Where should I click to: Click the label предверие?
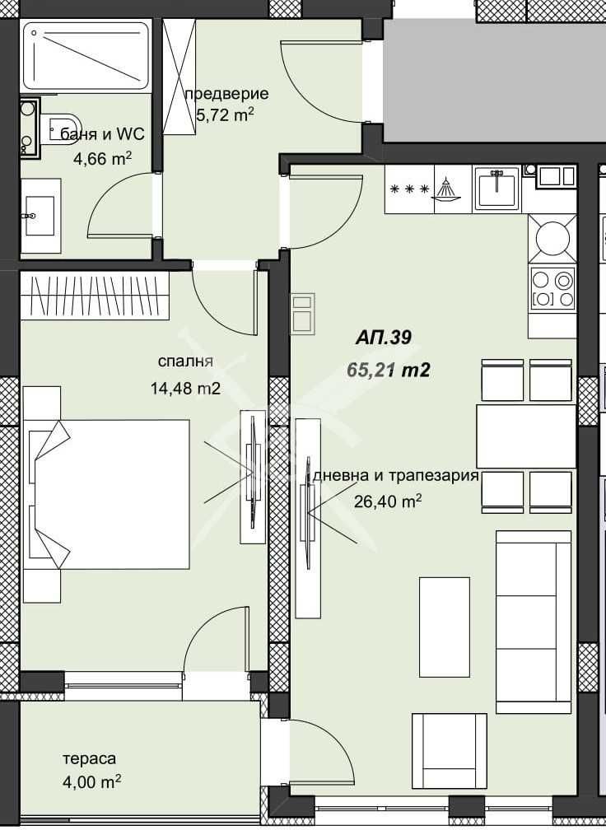[226, 94]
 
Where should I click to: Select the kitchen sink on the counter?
[496, 189]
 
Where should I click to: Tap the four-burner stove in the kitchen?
[552, 288]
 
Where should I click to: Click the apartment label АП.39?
[383, 338]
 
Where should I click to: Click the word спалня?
[185, 361]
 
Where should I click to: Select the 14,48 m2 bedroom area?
[185, 389]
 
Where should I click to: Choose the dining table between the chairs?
[525, 436]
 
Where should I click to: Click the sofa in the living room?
[534, 622]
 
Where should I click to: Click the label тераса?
[90, 758]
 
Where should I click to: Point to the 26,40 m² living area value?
[388, 501]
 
